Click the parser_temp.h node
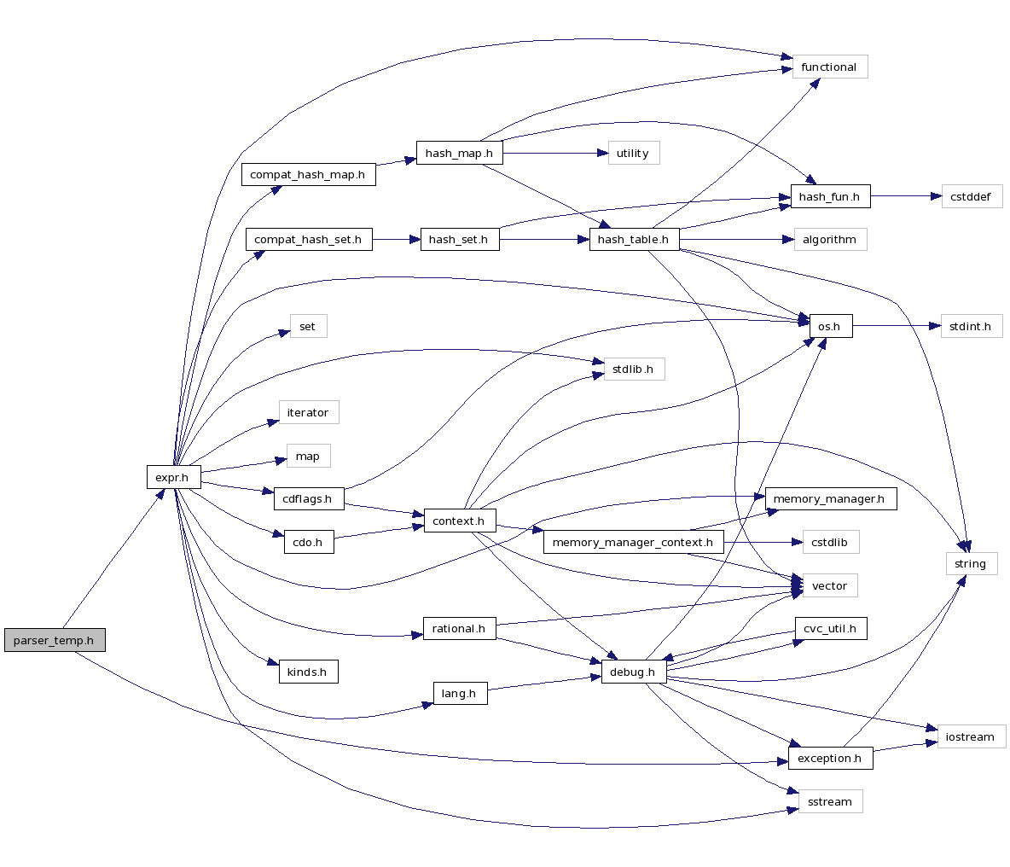pyautogui.click(x=55, y=640)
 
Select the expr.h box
pyautogui.click(x=173, y=477)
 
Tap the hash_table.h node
pyautogui.click(x=634, y=240)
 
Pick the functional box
pyautogui.click(x=829, y=67)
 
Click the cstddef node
pyautogui.click(x=971, y=197)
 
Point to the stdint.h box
pyautogui.click(x=971, y=326)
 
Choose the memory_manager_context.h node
pyautogui.click(x=633, y=543)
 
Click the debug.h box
pyautogui.click(x=633, y=672)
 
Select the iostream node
pyautogui.click(x=971, y=736)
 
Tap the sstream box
pyautogui.click(x=829, y=801)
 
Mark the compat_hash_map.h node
pyautogui.click(x=308, y=175)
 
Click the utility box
pyautogui.click(x=633, y=154)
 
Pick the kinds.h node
pyautogui.click(x=307, y=672)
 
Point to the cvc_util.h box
pyautogui.click(x=830, y=629)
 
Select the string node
pyautogui.click(x=971, y=563)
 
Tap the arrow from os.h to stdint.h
pyautogui.click(x=897, y=326)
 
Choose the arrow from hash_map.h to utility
pyautogui.click(x=555, y=154)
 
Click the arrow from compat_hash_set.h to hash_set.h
pyautogui.click(x=397, y=240)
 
